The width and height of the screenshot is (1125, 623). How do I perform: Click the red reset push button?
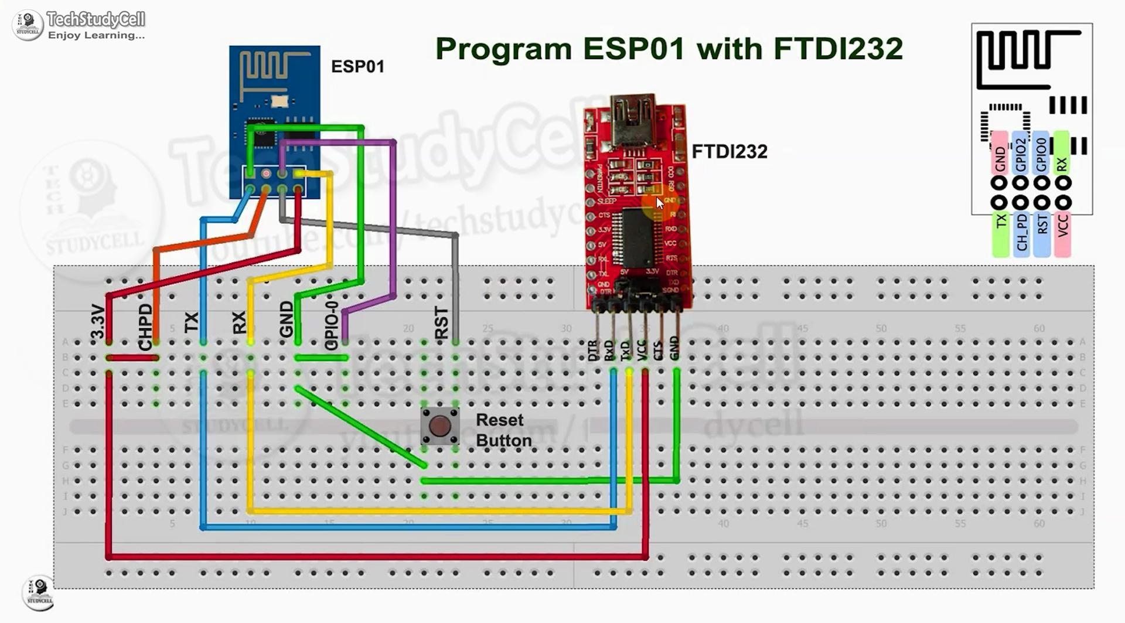point(439,426)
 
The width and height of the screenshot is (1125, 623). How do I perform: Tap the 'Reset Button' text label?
point(503,430)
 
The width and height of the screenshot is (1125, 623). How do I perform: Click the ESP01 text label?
point(357,67)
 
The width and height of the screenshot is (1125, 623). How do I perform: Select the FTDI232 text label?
point(729,152)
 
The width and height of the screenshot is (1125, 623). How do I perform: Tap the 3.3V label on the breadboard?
point(98,322)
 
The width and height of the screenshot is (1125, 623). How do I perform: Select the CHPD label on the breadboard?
point(145,327)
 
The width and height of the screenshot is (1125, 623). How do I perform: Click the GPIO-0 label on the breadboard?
point(331,326)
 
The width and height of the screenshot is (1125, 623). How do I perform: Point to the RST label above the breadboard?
point(441,323)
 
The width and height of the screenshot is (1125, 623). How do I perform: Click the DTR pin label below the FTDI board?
point(592,350)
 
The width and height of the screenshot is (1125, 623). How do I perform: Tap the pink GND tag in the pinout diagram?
point(1000,154)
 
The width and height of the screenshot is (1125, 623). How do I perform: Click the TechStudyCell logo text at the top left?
point(96,20)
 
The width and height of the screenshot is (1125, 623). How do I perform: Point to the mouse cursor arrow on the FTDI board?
point(660,203)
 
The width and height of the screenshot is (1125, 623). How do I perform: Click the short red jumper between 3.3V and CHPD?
point(132,358)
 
